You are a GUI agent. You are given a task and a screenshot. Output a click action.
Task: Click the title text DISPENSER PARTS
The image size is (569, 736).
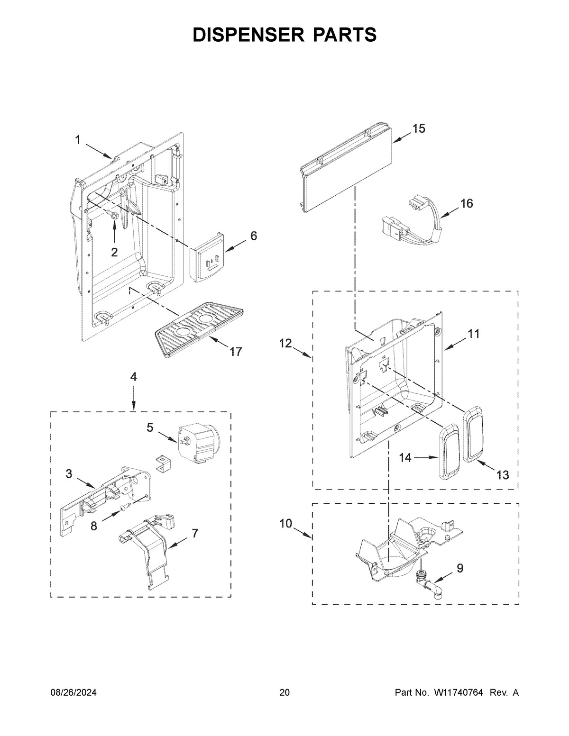point(284,35)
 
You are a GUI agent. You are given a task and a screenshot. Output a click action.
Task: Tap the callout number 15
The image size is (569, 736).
point(418,128)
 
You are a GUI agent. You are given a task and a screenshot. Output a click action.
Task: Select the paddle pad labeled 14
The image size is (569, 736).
point(449,453)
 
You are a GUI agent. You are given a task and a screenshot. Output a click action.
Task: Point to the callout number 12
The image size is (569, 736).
point(285,344)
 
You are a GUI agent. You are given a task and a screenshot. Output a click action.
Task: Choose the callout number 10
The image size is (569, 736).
point(285,524)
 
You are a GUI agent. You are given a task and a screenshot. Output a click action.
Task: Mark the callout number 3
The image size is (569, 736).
point(69,474)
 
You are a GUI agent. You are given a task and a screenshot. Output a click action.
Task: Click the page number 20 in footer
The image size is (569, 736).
point(284,693)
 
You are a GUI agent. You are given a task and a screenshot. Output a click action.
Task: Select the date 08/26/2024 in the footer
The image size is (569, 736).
point(73,693)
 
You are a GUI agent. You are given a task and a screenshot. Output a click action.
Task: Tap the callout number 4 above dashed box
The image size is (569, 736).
point(133,377)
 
